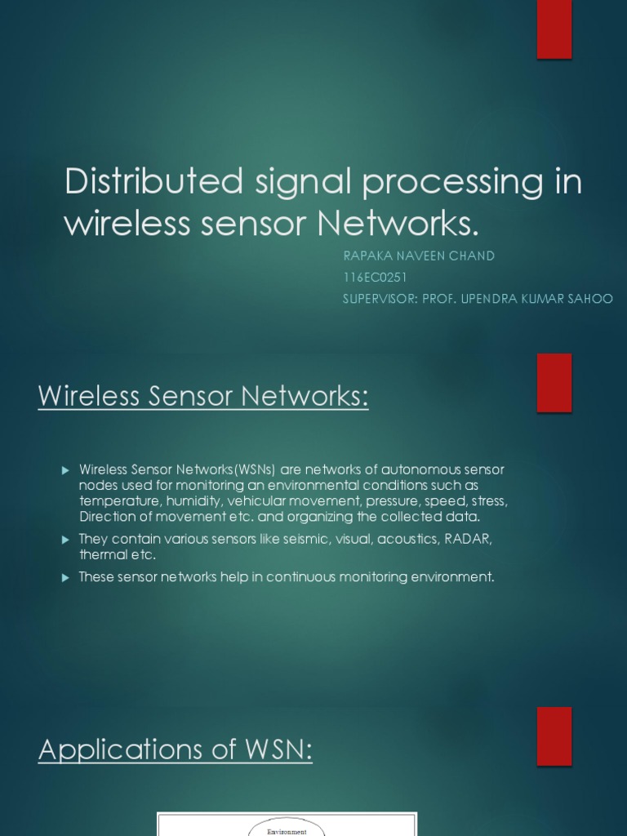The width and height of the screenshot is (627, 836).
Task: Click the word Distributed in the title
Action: pos(153,181)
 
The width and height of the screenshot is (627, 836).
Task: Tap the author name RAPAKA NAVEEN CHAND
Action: pos(419,256)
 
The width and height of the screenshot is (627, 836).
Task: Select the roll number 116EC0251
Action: pos(375,278)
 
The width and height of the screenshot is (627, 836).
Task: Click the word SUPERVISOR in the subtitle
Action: pos(379,299)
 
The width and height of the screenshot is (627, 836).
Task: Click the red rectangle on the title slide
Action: pos(554,29)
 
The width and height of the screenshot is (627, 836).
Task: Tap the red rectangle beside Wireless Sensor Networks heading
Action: pos(554,382)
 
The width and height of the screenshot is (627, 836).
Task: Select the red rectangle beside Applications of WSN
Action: pos(554,736)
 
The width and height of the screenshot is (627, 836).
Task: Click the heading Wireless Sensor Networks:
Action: pos(203,398)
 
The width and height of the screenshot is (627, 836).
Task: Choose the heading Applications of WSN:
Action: pos(176,749)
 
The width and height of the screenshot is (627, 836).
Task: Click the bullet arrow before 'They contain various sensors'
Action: pos(66,540)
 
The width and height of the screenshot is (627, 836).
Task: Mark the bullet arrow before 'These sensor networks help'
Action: pos(66,577)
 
